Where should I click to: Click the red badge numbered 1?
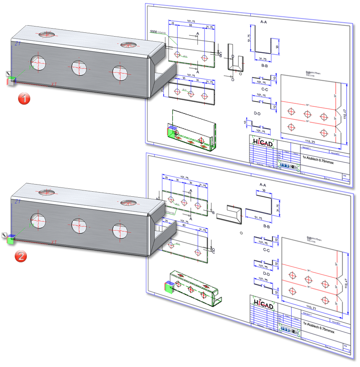tap(24, 99)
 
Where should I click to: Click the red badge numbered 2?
tap(21, 256)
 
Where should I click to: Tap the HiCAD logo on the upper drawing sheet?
tap(263, 143)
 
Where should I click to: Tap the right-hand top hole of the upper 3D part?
tap(127, 45)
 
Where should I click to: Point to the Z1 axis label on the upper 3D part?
tap(18, 43)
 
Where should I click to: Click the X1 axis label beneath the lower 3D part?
tap(54, 242)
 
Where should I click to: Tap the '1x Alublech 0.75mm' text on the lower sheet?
tap(318, 324)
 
